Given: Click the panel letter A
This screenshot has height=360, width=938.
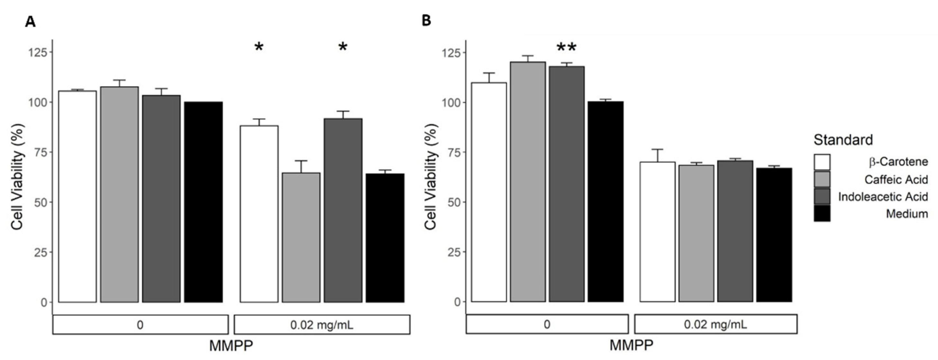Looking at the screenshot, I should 30,22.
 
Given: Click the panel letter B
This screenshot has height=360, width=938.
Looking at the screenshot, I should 426,21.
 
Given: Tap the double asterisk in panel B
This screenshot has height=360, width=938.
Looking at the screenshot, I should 567,47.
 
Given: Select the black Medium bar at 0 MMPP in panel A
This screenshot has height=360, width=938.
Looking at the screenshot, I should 203,202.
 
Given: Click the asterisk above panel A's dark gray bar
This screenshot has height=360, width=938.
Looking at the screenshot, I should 343,47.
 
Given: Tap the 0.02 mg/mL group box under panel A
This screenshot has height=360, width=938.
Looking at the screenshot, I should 322,325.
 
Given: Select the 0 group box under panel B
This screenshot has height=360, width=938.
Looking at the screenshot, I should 547,324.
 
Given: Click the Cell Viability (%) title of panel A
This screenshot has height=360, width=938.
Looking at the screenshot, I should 17,176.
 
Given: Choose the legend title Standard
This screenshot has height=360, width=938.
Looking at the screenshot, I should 843,140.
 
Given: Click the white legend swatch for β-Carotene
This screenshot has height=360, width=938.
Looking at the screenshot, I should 822,162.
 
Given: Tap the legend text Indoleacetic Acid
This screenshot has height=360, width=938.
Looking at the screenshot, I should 883,197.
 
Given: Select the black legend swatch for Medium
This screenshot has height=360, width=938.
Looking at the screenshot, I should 822,214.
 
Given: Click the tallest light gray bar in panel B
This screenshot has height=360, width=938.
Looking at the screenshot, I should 528,182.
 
